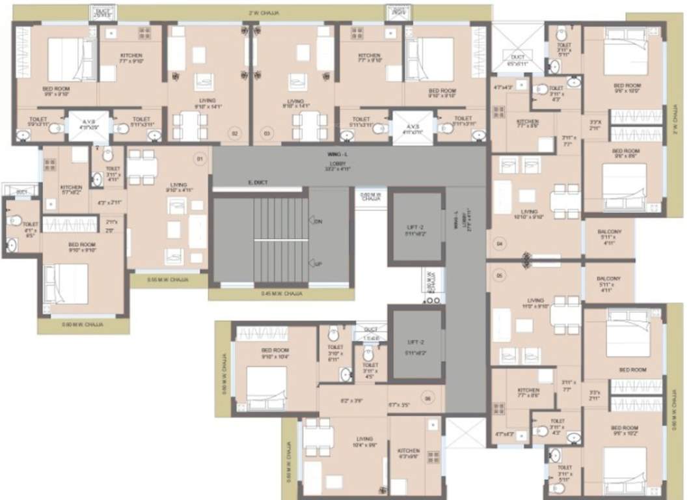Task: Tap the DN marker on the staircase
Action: click(x=318, y=222)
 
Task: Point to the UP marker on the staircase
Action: click(x=318, y=265)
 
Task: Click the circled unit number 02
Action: click(x=234, y=133)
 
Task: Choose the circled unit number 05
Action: click(x=500, y=275)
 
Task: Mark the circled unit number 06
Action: click(x=427, y=398)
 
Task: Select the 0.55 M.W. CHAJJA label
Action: click(x=168, y=279)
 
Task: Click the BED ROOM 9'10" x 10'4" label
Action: click(x=275, y=354)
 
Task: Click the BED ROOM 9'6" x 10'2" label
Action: click(x=625, y=431)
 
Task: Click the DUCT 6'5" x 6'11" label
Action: click(x=517, y=61)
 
